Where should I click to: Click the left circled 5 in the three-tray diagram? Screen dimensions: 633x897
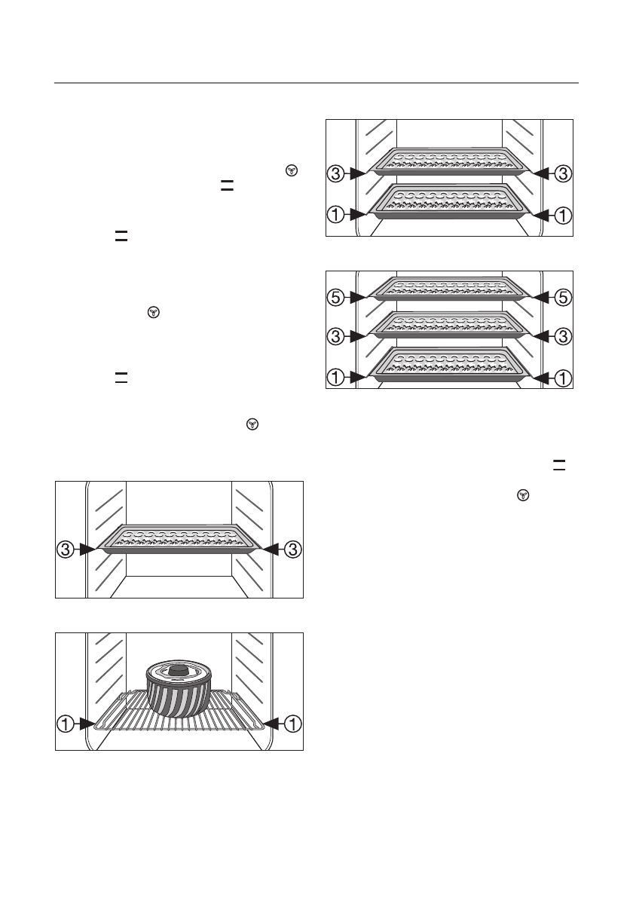[337, 298]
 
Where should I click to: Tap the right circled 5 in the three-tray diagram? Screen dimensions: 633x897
[563, 298]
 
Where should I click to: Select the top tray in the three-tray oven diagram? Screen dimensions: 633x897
[450, 288]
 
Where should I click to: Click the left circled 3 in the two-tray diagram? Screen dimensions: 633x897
[337, 173]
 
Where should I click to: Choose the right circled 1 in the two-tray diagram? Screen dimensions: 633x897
[563, 214]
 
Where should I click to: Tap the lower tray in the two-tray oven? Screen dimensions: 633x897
[450, 202]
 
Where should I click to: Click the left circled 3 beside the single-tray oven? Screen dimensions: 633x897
[66, 550]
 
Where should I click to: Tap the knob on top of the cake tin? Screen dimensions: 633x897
[179, 669]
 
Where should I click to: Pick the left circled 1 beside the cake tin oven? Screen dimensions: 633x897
[66, 724]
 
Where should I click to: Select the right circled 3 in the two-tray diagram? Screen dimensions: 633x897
[563, 173]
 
